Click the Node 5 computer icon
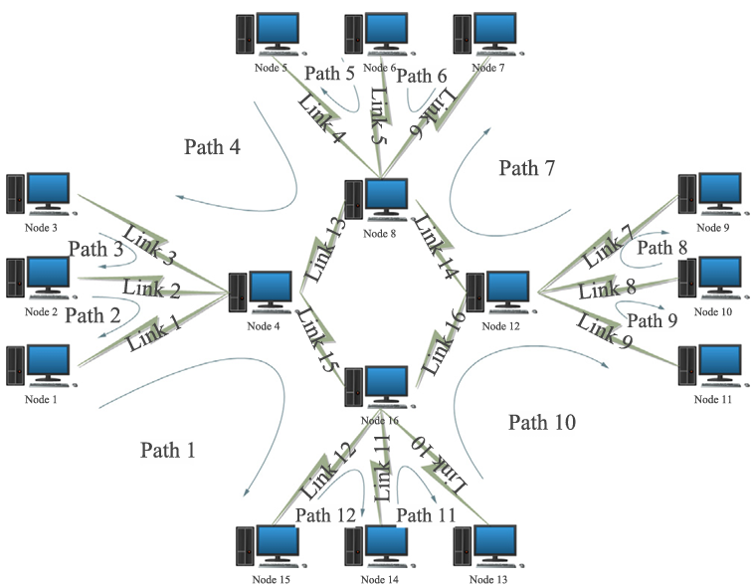tap(270, 34)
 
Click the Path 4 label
tap(212, 147)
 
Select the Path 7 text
tap(525, 168)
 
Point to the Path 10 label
tap(542, 422)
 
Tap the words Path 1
tap(167, 450)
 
